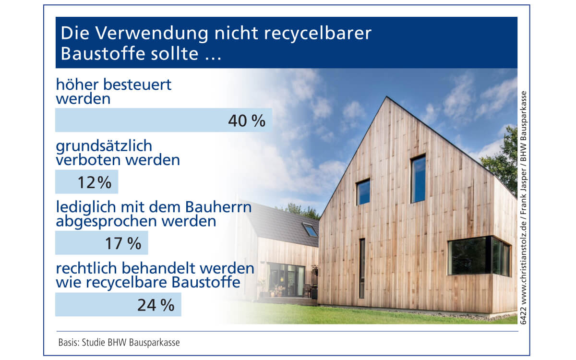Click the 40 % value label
click(247, 120)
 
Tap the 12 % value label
click(95, 182)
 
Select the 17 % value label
click(123, 243)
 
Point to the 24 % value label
click(156, 305)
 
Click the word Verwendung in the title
click(152, 34)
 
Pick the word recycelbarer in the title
click(318, 33)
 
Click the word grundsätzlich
click(104, 146)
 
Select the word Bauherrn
click(218, 207)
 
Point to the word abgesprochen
click(106, 222)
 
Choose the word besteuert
click(137, 84)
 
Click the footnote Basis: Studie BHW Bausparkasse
click(119, 343)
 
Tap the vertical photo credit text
click(524, 207)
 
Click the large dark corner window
click(479, 256)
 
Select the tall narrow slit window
click(362, 268)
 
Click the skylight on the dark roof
click(311, 230)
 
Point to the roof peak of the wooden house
click(386, 96)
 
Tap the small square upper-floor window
click(363, 192)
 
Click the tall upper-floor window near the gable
click(418, 179)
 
